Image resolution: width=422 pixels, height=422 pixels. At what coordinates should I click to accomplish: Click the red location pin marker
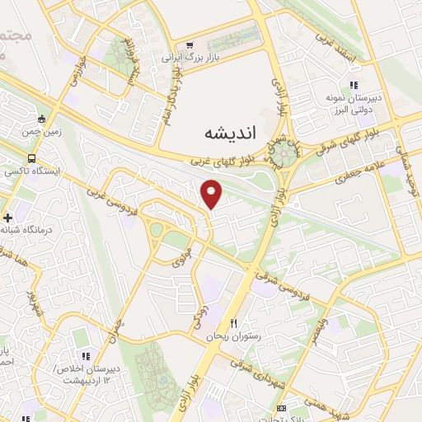[212, 194]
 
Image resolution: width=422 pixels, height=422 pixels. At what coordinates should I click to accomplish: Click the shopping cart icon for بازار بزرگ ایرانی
[190, 45]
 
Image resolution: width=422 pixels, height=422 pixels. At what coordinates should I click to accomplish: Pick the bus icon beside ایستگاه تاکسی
[31, 158]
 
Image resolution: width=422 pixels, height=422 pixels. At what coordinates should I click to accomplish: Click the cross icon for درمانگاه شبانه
[7, 218]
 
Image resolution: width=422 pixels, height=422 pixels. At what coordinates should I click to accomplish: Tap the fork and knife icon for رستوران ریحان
[234, 322]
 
